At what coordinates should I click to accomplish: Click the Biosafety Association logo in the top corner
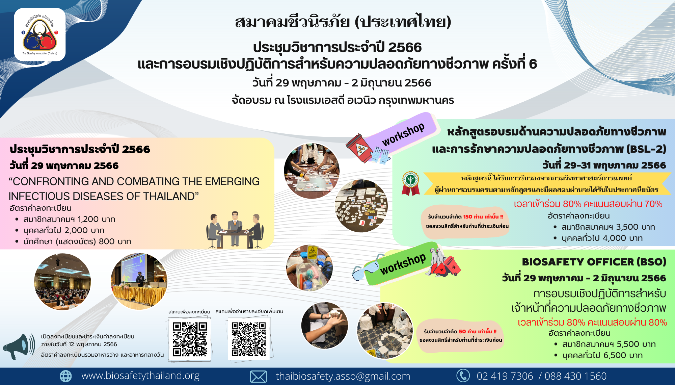pyautogui.click(x=40, y=35)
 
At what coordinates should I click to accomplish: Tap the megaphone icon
pyautogui.click(x=19, y=346)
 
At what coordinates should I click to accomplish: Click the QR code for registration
pyautogui.click(x=190, y=339)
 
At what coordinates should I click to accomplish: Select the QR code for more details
pyautogui.click(x=249, y=339)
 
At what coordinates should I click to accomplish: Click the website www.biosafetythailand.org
pyautogui.click(x=140, y=376)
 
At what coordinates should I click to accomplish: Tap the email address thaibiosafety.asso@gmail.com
pyautogui.click(x=343, y=376)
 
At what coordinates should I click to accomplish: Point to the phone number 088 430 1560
pyautogui.click(x=576, y=376)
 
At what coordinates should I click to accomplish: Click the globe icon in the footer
pyautogui.click(x=66, y=376)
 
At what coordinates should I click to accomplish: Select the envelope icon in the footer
pyautogui.click(x=258, y=376)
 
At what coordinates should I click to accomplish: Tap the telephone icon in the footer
pyautogui.click(x=463, y=376)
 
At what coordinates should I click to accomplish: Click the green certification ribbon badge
pyautogui.click(x=410, y=183)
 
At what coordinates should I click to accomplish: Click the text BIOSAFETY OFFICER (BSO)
pyautogui.click(x=594, y=262)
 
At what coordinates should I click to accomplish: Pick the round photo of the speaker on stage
pyautogui.click(x=139, y=281)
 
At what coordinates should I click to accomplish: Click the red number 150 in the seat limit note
pyautogui.click(x=468, y=217)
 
